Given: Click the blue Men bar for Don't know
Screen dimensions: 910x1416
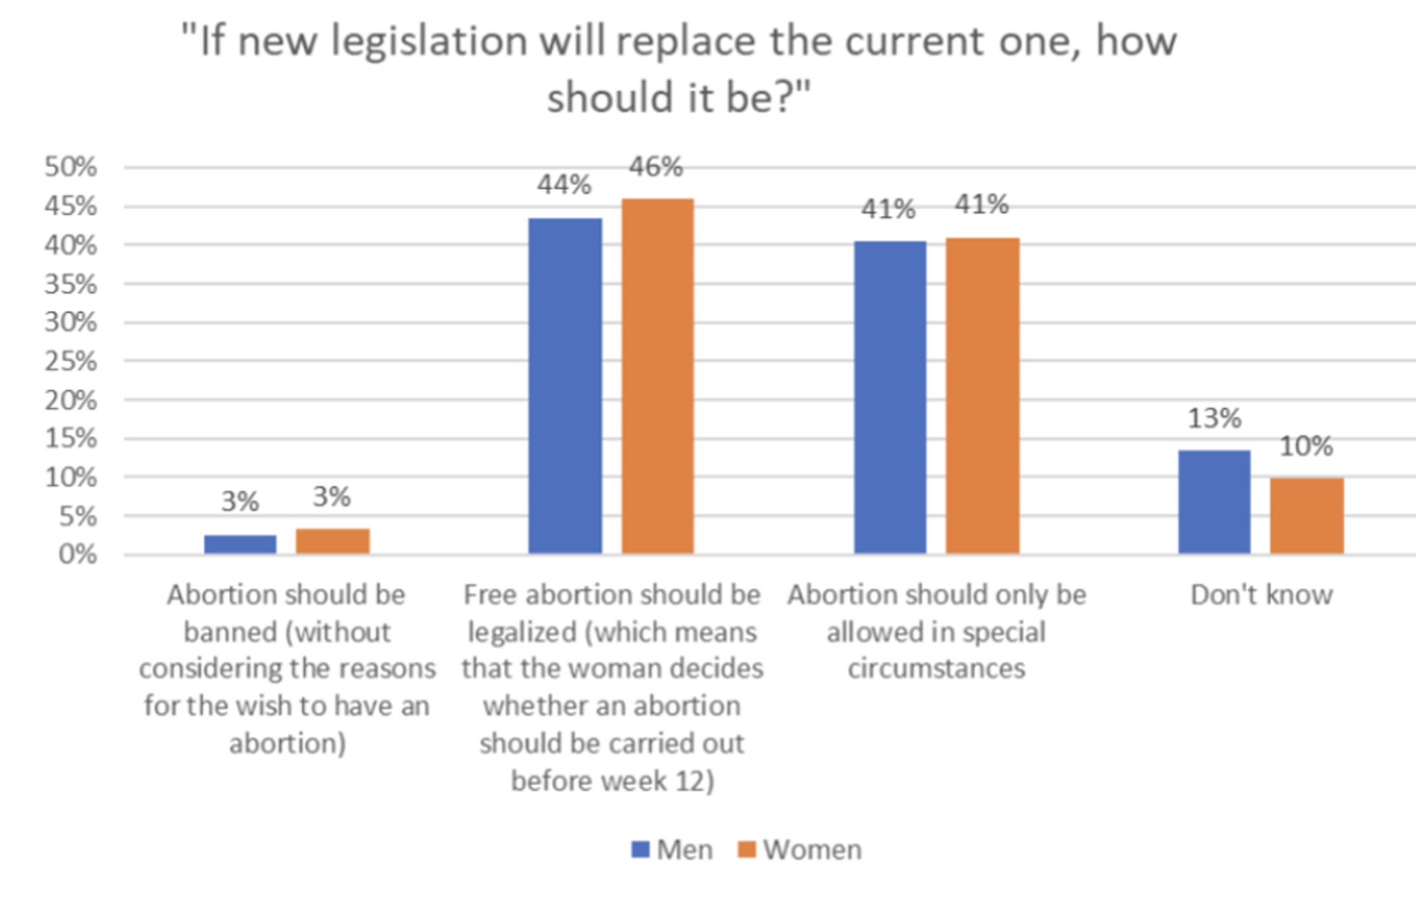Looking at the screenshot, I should (1214, 502).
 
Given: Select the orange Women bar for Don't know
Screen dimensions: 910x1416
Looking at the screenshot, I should (1307, 516).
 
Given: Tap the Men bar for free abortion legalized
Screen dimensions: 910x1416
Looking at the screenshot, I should (565, 386).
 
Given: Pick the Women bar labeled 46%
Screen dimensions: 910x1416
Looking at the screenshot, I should (658, 376).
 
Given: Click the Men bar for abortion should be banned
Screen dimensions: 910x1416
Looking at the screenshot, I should (240, 544).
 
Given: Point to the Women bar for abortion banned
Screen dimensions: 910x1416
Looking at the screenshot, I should (333, 541).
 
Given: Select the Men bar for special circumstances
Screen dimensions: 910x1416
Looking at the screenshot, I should (890, 397).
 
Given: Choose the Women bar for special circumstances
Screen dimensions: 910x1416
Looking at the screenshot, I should (982, 395).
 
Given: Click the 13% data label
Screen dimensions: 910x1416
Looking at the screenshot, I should (1214, 419).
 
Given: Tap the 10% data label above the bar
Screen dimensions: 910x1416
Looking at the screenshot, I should (1307, 446).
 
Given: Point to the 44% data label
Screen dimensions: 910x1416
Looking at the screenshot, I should (564, 185).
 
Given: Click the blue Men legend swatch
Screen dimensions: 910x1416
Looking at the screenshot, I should (640, 849).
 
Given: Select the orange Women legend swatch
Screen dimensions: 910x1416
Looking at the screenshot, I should (747, 849).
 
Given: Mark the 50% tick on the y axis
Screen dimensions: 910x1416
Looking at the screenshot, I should (71, 167).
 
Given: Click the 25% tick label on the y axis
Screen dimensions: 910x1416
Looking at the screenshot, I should (71, 361).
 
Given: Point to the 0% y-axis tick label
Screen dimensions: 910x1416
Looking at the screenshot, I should (78, 555).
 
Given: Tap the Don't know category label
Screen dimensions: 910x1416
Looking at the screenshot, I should (1261, 595).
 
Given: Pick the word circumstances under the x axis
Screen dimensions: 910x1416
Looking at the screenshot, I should (936, 669).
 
